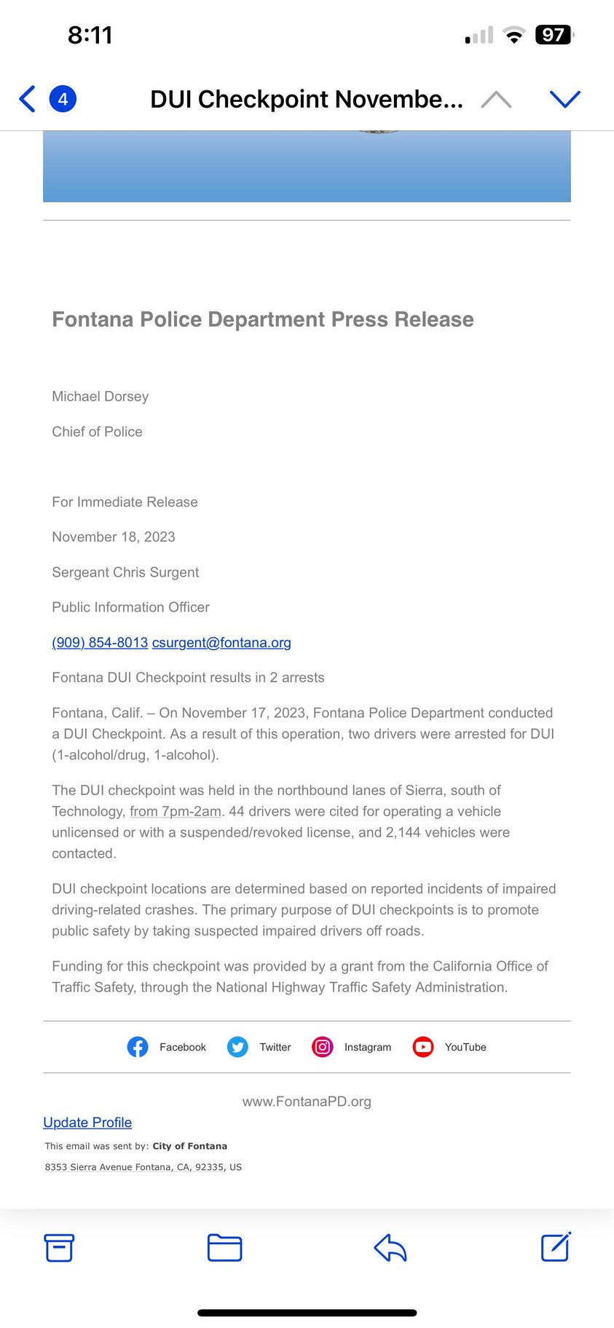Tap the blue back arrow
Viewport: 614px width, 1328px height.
click(x=28, y=99)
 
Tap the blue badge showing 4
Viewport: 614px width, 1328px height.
click(x=63, y=99)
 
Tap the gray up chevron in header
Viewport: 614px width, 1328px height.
click(x=496, y=99)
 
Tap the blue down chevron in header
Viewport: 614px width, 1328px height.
click(x=564, y=99)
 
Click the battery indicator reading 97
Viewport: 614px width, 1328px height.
click(x=554, y=35)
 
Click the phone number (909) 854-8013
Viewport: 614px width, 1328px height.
click(x=100, y=642)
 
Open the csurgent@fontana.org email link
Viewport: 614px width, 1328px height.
click(x=221, y=642)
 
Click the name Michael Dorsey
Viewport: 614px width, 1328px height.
click(x=100, y=396)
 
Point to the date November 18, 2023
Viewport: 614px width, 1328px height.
click(x=114, y=537)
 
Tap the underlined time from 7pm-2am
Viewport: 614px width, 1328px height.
click(x=176, y=811)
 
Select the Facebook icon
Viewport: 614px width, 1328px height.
click(x=138, y=1047)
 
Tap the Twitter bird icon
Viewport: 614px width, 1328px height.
click(x=237, y=1047)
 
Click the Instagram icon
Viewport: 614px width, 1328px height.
click(x=323, y=1047)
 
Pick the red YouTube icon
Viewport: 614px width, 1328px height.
click(x=423, y=1047)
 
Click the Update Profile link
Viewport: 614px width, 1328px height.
click(x=87, y=1122)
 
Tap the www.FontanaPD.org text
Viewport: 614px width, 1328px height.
click(x=307, y=1101)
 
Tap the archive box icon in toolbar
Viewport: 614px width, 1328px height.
click(x=59, y=1247)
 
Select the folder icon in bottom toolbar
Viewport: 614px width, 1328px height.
click(x=224, y=1247)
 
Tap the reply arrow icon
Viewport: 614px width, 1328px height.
click(x=390, y=1247)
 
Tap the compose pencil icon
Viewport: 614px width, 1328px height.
click(x=556, y=1246)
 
